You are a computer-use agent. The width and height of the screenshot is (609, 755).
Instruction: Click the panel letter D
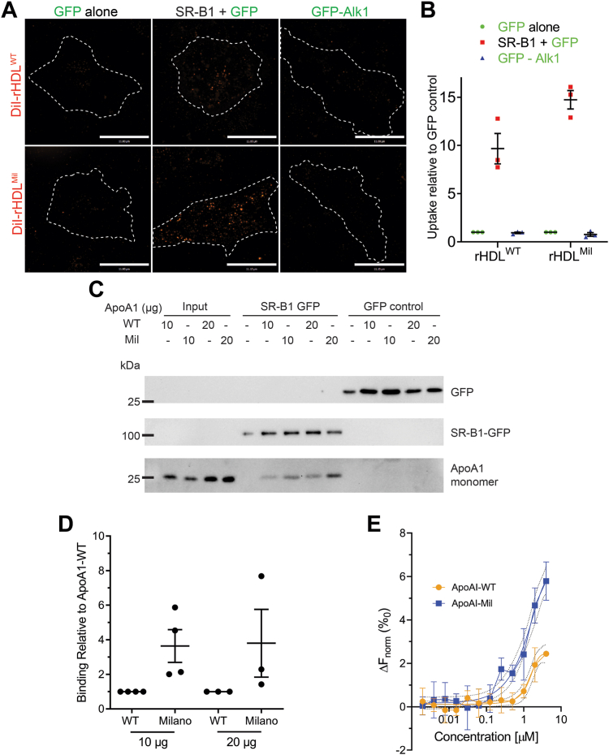point(84,524)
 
